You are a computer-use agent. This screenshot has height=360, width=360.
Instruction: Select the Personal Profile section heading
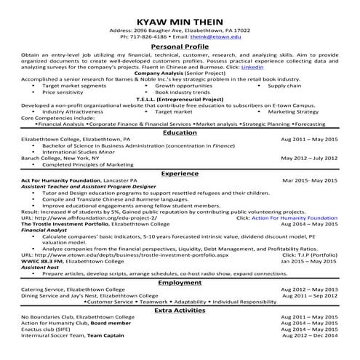click(x=180, y=47)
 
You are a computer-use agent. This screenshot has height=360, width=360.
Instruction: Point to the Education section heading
click(x=180, y=132)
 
